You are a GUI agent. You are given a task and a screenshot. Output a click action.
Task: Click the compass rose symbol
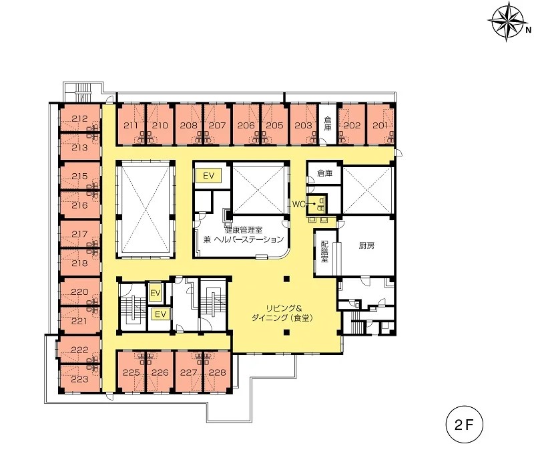coord(507,21)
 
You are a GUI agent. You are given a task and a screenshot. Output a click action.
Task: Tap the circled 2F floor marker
coord(464,425)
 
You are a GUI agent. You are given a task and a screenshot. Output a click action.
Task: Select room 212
coord(80,118)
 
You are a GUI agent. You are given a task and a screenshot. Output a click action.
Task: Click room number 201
coord(380,125)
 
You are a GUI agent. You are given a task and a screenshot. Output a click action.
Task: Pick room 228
coord(217,372)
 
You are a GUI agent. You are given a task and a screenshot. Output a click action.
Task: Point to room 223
coord(80,378)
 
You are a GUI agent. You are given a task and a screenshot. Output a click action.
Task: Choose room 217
coord(80,234)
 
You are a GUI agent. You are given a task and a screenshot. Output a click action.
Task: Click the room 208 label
coord(188,125)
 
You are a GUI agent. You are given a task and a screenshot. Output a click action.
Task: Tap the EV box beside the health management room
coord(208,176)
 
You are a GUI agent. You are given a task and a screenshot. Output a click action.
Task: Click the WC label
coord(298,204)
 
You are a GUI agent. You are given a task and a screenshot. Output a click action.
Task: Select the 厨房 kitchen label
coord(366,245)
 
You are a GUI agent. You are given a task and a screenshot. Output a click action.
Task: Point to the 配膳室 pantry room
coord(325,253)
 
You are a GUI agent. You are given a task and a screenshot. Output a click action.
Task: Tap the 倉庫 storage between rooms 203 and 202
coord(328,124)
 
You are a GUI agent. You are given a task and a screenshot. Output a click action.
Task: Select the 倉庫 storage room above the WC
coord(324,173)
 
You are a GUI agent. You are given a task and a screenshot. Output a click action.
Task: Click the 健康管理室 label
coord(243,229)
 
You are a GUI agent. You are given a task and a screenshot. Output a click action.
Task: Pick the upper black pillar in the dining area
coord(287,279)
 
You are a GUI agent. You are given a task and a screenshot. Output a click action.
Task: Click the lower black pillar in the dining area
coord(287,332)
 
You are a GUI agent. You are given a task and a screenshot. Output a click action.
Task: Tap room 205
coord(274,125)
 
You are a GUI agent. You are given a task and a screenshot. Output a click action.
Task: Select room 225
coord(131,372)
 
